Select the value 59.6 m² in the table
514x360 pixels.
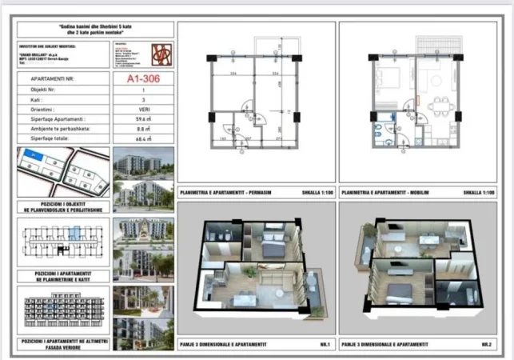pos(143,118)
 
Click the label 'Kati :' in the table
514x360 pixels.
pos(33,99)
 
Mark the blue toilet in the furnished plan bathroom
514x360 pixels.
pos(377,133)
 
